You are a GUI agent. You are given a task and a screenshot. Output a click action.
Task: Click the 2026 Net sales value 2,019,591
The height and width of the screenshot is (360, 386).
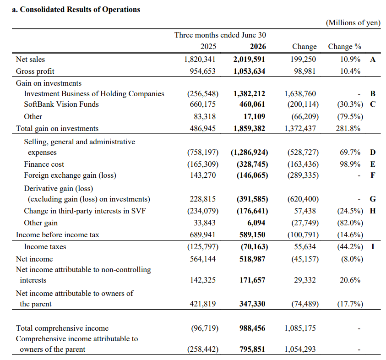(x=249, y=60)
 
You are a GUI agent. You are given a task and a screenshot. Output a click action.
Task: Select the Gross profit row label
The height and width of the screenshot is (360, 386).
(x=35, y=71)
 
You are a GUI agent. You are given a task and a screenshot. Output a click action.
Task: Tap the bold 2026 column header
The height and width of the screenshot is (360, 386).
(x=258, y=47)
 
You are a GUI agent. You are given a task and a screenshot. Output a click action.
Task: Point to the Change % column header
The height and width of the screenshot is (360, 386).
(x=344, y=47)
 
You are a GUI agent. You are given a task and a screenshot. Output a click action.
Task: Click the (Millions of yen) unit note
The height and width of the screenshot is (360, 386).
(x=353, y=22)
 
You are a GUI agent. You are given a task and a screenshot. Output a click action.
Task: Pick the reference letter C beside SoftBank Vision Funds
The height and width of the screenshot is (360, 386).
(x=373, y=104)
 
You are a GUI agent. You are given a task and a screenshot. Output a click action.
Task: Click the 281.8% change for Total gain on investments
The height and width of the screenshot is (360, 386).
(x=348, y=128)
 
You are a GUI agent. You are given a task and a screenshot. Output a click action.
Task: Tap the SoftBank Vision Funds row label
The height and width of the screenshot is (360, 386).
(x=61, y=104)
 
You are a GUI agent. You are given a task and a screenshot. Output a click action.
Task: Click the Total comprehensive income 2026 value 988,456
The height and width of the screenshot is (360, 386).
(x=252, y=328)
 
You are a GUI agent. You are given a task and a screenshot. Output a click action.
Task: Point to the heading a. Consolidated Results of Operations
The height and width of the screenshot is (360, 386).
(x=76, y=9)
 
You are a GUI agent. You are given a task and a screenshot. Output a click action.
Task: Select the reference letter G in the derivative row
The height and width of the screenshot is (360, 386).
(x=373, y=199)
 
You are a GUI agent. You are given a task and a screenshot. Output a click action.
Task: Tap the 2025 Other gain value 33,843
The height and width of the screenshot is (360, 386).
(x=205, y=223)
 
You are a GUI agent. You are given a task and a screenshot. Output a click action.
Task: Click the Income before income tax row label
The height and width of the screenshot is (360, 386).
(x=58, y=235)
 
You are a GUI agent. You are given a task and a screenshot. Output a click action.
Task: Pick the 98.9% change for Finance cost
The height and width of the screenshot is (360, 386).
(x=350, y=164)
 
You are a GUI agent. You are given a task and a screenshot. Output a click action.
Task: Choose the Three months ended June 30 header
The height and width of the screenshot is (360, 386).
(x=220, y=35)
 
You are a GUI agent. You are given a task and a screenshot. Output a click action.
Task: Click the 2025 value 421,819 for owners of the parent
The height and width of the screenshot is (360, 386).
(x=202, y=304)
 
